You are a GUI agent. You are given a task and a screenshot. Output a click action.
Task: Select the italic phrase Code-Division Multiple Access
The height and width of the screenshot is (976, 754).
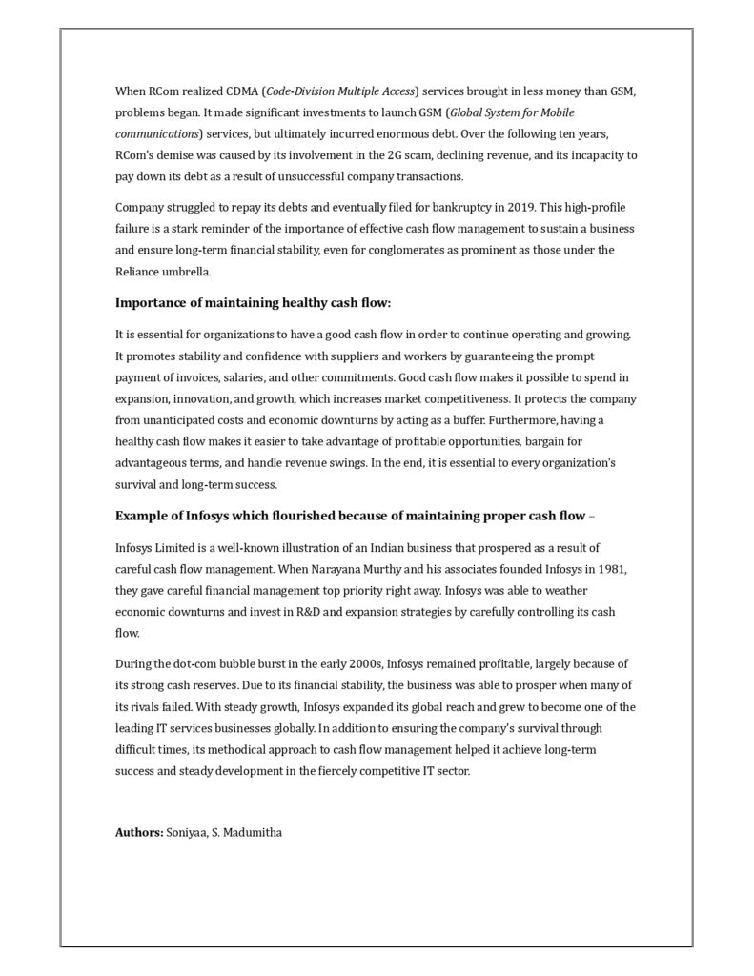341,91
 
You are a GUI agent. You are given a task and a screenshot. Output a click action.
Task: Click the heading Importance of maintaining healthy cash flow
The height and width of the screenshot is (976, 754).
254,303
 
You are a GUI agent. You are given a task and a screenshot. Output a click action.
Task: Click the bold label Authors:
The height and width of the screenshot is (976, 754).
139,832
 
